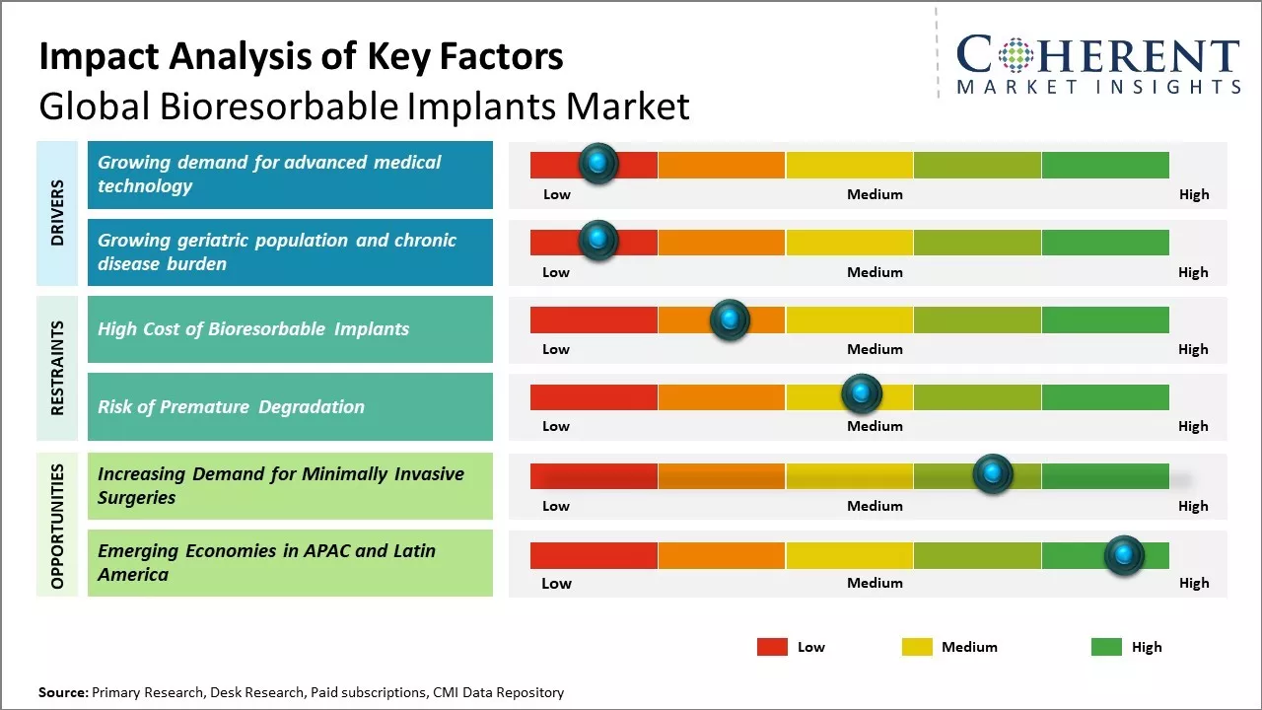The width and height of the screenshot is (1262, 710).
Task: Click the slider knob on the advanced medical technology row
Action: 597,164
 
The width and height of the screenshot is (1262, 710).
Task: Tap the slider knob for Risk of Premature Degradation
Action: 862,394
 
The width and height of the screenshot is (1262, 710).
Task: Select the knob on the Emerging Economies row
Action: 1124,555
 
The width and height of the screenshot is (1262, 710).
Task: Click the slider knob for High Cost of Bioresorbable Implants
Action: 730,319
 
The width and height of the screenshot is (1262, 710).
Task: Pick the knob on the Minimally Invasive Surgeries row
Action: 993,474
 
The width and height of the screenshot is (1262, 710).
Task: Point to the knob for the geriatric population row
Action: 597,241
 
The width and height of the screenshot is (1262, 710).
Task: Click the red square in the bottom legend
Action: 772,647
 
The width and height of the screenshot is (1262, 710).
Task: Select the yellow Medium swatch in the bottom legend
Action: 917,647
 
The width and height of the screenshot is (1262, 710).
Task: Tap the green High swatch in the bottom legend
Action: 1106,647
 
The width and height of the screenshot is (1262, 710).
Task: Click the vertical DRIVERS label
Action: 57,213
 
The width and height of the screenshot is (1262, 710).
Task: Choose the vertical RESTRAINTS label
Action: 57,368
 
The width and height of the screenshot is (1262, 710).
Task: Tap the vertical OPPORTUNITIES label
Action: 57,526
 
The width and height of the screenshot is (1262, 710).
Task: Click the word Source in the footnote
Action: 62,692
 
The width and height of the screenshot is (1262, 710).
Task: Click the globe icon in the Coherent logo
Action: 1016,55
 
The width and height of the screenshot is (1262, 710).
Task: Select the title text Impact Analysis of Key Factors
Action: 301,56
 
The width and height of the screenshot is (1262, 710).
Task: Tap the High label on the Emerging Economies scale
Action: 1193,583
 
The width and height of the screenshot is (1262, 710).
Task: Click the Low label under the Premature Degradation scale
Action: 556,426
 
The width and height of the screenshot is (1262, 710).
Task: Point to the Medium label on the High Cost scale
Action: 875,349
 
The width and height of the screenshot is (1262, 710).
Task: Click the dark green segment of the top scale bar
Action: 1104,165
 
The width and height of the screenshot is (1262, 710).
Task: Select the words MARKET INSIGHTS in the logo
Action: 1098,87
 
